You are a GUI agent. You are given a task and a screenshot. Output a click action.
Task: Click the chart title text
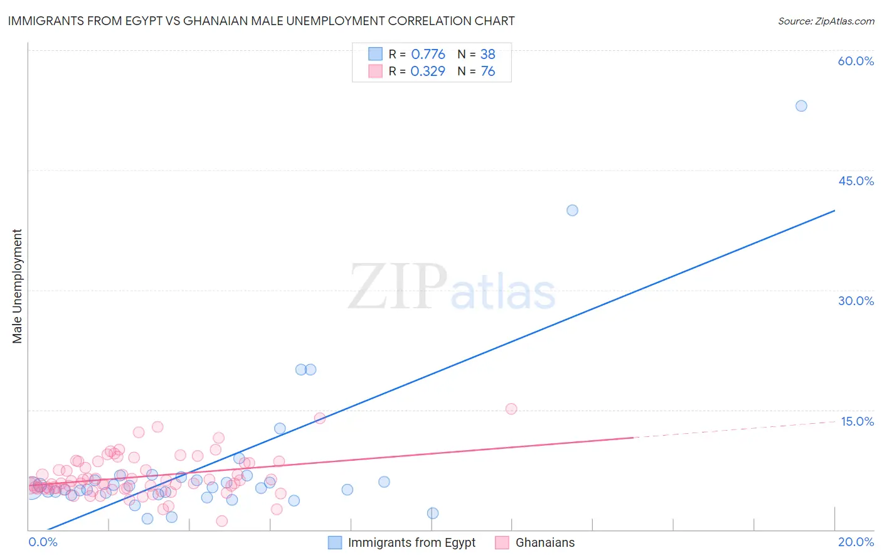point(261,21)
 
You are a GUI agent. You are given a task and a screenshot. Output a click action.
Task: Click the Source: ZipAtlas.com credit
point(826,21)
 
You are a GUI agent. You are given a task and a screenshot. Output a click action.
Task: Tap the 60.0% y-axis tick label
point(856,61)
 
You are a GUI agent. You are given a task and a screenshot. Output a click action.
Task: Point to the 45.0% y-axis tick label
point(856,181)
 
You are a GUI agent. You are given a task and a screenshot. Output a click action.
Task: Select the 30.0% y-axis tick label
point(856,301)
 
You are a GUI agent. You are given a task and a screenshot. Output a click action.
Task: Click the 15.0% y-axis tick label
point(857,421)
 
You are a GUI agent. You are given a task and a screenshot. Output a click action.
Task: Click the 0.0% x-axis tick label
point(43,542)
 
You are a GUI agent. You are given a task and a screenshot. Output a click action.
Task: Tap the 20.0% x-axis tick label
point(856,542)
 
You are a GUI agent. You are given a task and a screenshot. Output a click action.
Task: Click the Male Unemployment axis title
point(17,286)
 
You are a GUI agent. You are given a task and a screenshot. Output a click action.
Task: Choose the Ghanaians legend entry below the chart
point(545,542)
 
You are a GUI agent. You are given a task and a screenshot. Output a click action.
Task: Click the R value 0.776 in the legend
point(428,55)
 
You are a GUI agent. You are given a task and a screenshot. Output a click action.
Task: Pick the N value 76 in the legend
point(487,72)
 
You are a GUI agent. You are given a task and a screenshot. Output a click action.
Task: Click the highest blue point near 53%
point(801,106)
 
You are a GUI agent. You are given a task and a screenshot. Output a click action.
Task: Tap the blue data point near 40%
point(572,210)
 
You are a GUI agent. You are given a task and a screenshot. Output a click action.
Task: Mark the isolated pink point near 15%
point(511,409)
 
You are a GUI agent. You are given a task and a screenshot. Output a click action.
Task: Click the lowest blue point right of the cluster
point(433,513)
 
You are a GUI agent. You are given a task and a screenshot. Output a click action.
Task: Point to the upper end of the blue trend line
point(834,211)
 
